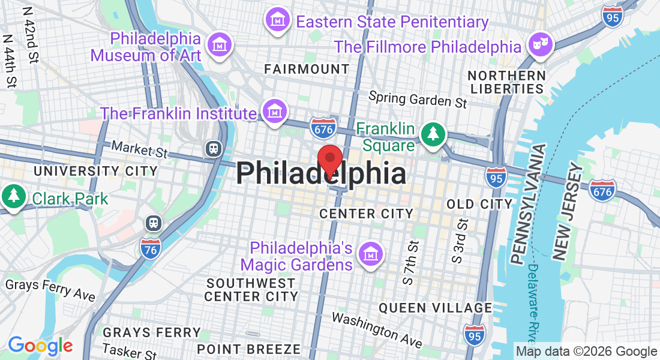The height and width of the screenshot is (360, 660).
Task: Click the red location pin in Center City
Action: click(329, 160)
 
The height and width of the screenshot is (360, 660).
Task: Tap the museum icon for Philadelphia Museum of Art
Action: click(219, 45)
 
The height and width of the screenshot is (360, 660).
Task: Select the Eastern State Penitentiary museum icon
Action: click(278, 20)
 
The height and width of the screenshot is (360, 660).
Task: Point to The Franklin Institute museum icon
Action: click(275, 112)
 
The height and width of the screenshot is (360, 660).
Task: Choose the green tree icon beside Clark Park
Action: click(13, 196)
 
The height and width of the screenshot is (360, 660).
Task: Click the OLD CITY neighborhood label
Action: click(479, 204)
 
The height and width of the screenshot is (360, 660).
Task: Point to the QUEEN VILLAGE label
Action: click(435, 308)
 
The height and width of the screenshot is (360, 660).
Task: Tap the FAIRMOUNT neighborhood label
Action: click(307, 69)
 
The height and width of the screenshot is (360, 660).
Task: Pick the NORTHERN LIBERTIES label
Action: click(507, 82)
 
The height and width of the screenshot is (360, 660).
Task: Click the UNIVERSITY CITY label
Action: click(95, 171)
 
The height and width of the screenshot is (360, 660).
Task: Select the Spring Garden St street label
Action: click(418, 99)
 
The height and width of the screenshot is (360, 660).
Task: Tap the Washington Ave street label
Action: click(377, 329)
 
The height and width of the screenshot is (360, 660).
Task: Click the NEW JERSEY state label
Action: click(568, 215)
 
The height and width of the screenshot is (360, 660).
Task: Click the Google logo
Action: click(40, 346)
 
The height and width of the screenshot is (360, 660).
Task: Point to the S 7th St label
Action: click(410, 262)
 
